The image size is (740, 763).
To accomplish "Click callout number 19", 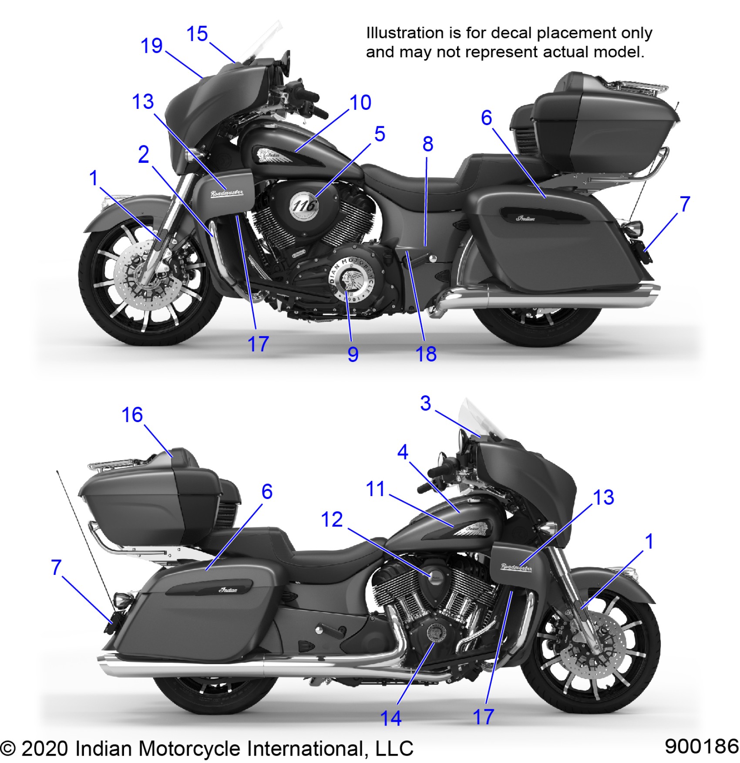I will click(151, 46).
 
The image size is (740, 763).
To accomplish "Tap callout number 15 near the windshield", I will click(197, 34).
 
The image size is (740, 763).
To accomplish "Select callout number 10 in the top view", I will click(360, 103).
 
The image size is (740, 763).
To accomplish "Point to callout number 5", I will click(380, 134).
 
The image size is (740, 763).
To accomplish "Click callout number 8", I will click(427, 144).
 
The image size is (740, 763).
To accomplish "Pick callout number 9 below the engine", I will click(353, 354).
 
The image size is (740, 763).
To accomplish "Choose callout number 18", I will click(426, 354).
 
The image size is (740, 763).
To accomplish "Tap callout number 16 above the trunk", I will click(132, 415).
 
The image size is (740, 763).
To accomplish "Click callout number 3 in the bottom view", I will click(425, 403).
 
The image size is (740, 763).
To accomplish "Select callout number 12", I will click(332, 520).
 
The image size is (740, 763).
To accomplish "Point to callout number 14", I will click(390, 718).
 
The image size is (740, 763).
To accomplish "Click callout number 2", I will click(144, 155).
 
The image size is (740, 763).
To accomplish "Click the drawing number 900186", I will click(701, 746).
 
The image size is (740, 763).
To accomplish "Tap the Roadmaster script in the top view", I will click(227, 193).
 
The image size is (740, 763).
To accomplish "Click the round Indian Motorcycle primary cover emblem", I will click(350, 280).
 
